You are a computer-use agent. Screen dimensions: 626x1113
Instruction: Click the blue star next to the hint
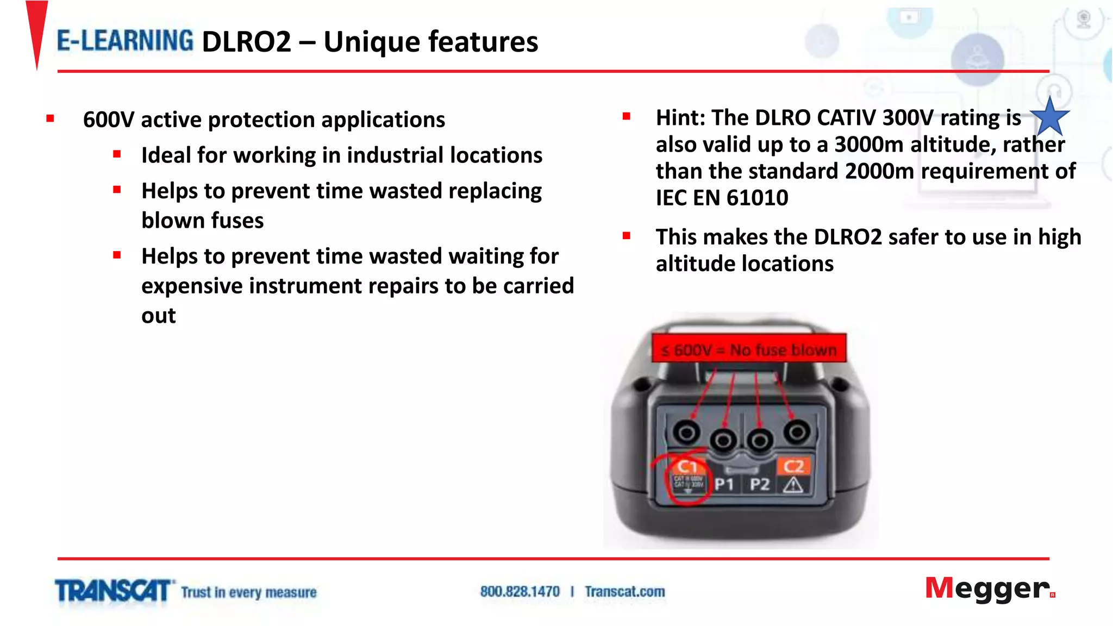click(1049, 117)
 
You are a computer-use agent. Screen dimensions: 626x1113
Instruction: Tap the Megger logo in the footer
click(990, 589)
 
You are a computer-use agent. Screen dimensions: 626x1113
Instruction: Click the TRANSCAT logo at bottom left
click(113, 591)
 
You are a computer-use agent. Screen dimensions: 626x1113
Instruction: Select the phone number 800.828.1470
click(520, 591)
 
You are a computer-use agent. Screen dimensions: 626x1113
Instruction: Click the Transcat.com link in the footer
click(624, 591)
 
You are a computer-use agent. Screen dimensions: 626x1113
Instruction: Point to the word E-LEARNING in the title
click(125, 41)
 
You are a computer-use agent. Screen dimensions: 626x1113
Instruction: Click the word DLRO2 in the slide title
click(246, 42)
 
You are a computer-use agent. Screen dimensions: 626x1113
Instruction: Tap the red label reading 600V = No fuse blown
click(749, 349)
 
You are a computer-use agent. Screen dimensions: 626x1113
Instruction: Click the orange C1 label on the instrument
click(687, 466)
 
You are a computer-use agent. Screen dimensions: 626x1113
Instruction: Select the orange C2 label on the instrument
click(793, 466)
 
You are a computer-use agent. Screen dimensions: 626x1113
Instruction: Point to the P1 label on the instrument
click(724, 484)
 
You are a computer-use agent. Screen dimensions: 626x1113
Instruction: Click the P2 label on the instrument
click(759, 484)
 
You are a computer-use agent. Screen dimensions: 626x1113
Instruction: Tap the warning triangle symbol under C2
click(793, 484)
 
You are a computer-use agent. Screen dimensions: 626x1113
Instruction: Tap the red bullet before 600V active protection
click(51, 118)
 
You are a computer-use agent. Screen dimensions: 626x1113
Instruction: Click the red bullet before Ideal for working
click(117, 154)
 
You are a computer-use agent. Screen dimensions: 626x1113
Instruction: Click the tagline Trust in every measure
click(248, 592)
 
